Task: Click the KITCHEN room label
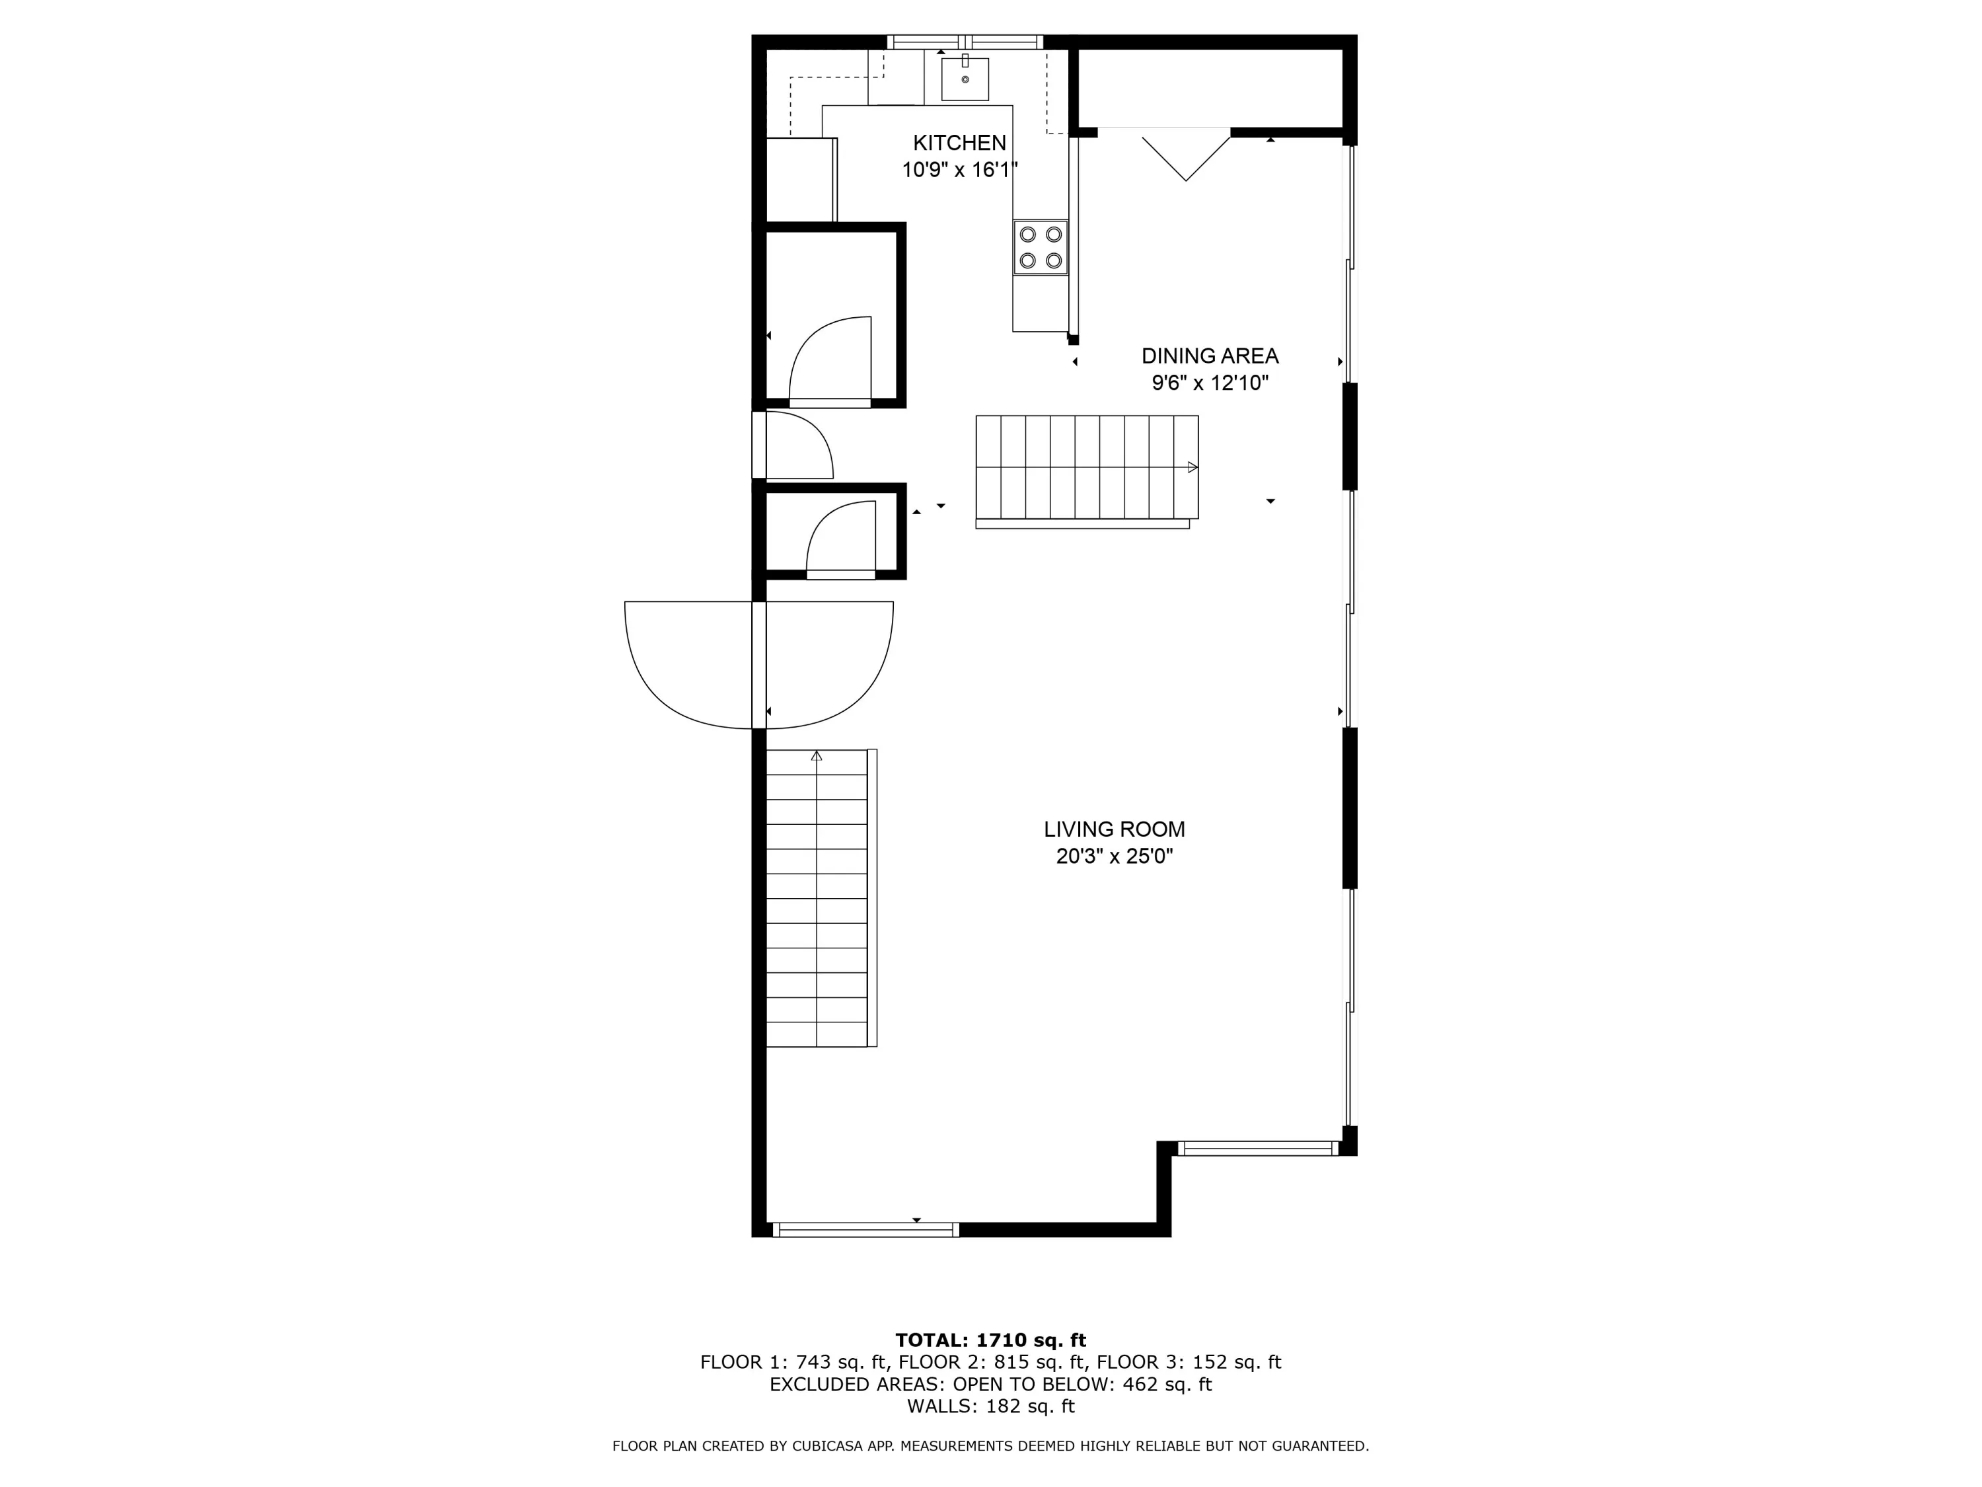click(960, 143)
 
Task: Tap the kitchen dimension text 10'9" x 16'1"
click(960, 169)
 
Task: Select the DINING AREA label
click(1210, 356)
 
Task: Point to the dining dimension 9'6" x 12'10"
click(1210, 383)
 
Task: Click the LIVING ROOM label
click(1114, 829)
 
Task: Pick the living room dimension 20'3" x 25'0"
click(1114, 856)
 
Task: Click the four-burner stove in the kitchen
click(1041, 247)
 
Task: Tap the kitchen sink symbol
click(965, 78)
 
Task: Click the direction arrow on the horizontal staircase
click(1193, 467)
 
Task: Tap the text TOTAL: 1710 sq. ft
click(990, 1340)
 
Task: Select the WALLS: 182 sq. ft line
click(990, 1406)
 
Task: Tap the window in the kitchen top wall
click(965, 41)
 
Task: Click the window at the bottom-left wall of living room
click(865, 1230)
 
